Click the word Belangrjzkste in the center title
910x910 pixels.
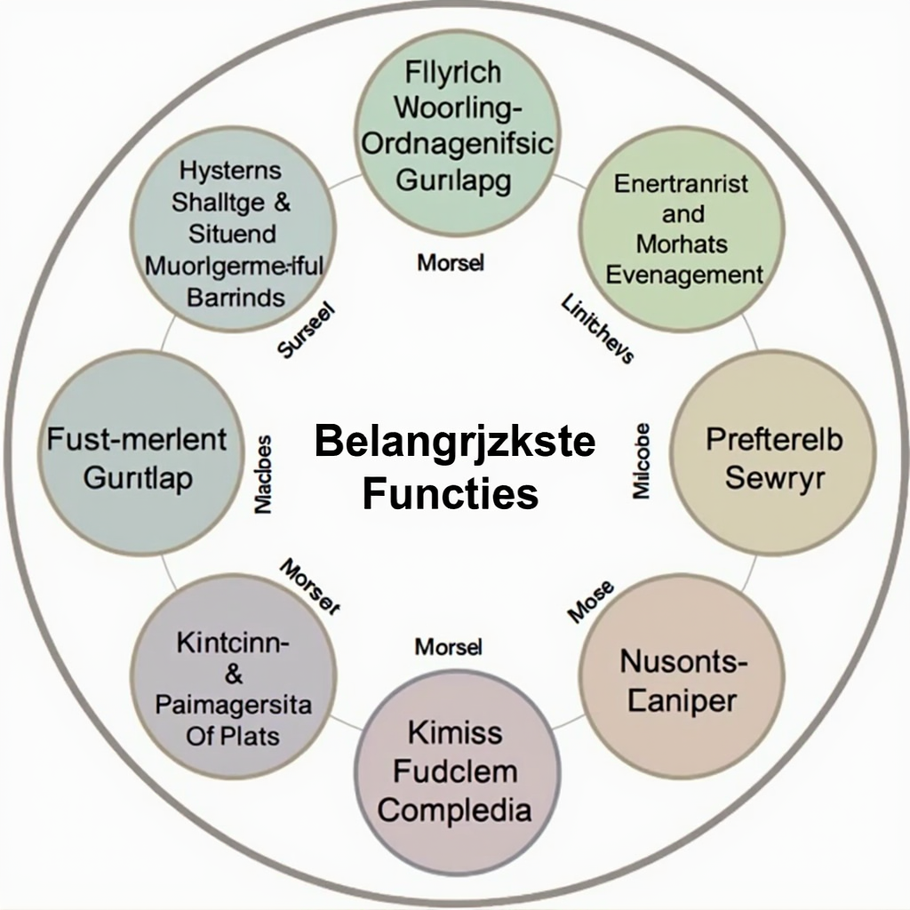(x=455, y=442)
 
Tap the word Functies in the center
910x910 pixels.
(x=451, y=493)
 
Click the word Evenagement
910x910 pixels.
(x=684, y=274)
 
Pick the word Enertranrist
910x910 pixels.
(x=682, y=184)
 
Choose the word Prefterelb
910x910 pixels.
(x=774, y=439)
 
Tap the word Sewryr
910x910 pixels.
(x=775, y=477)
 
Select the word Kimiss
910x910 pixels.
(x=455, y=733)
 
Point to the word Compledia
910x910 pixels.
(x=455, y=809)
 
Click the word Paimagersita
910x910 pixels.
(x=234, y=706)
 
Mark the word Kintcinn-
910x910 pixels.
(x=234, y=643)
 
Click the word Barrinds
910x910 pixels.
(x=235, y=296)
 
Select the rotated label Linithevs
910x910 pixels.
(x=597, y=330)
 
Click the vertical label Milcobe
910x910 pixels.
(x=643, y=460)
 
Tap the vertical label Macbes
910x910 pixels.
(x=264, y=474)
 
